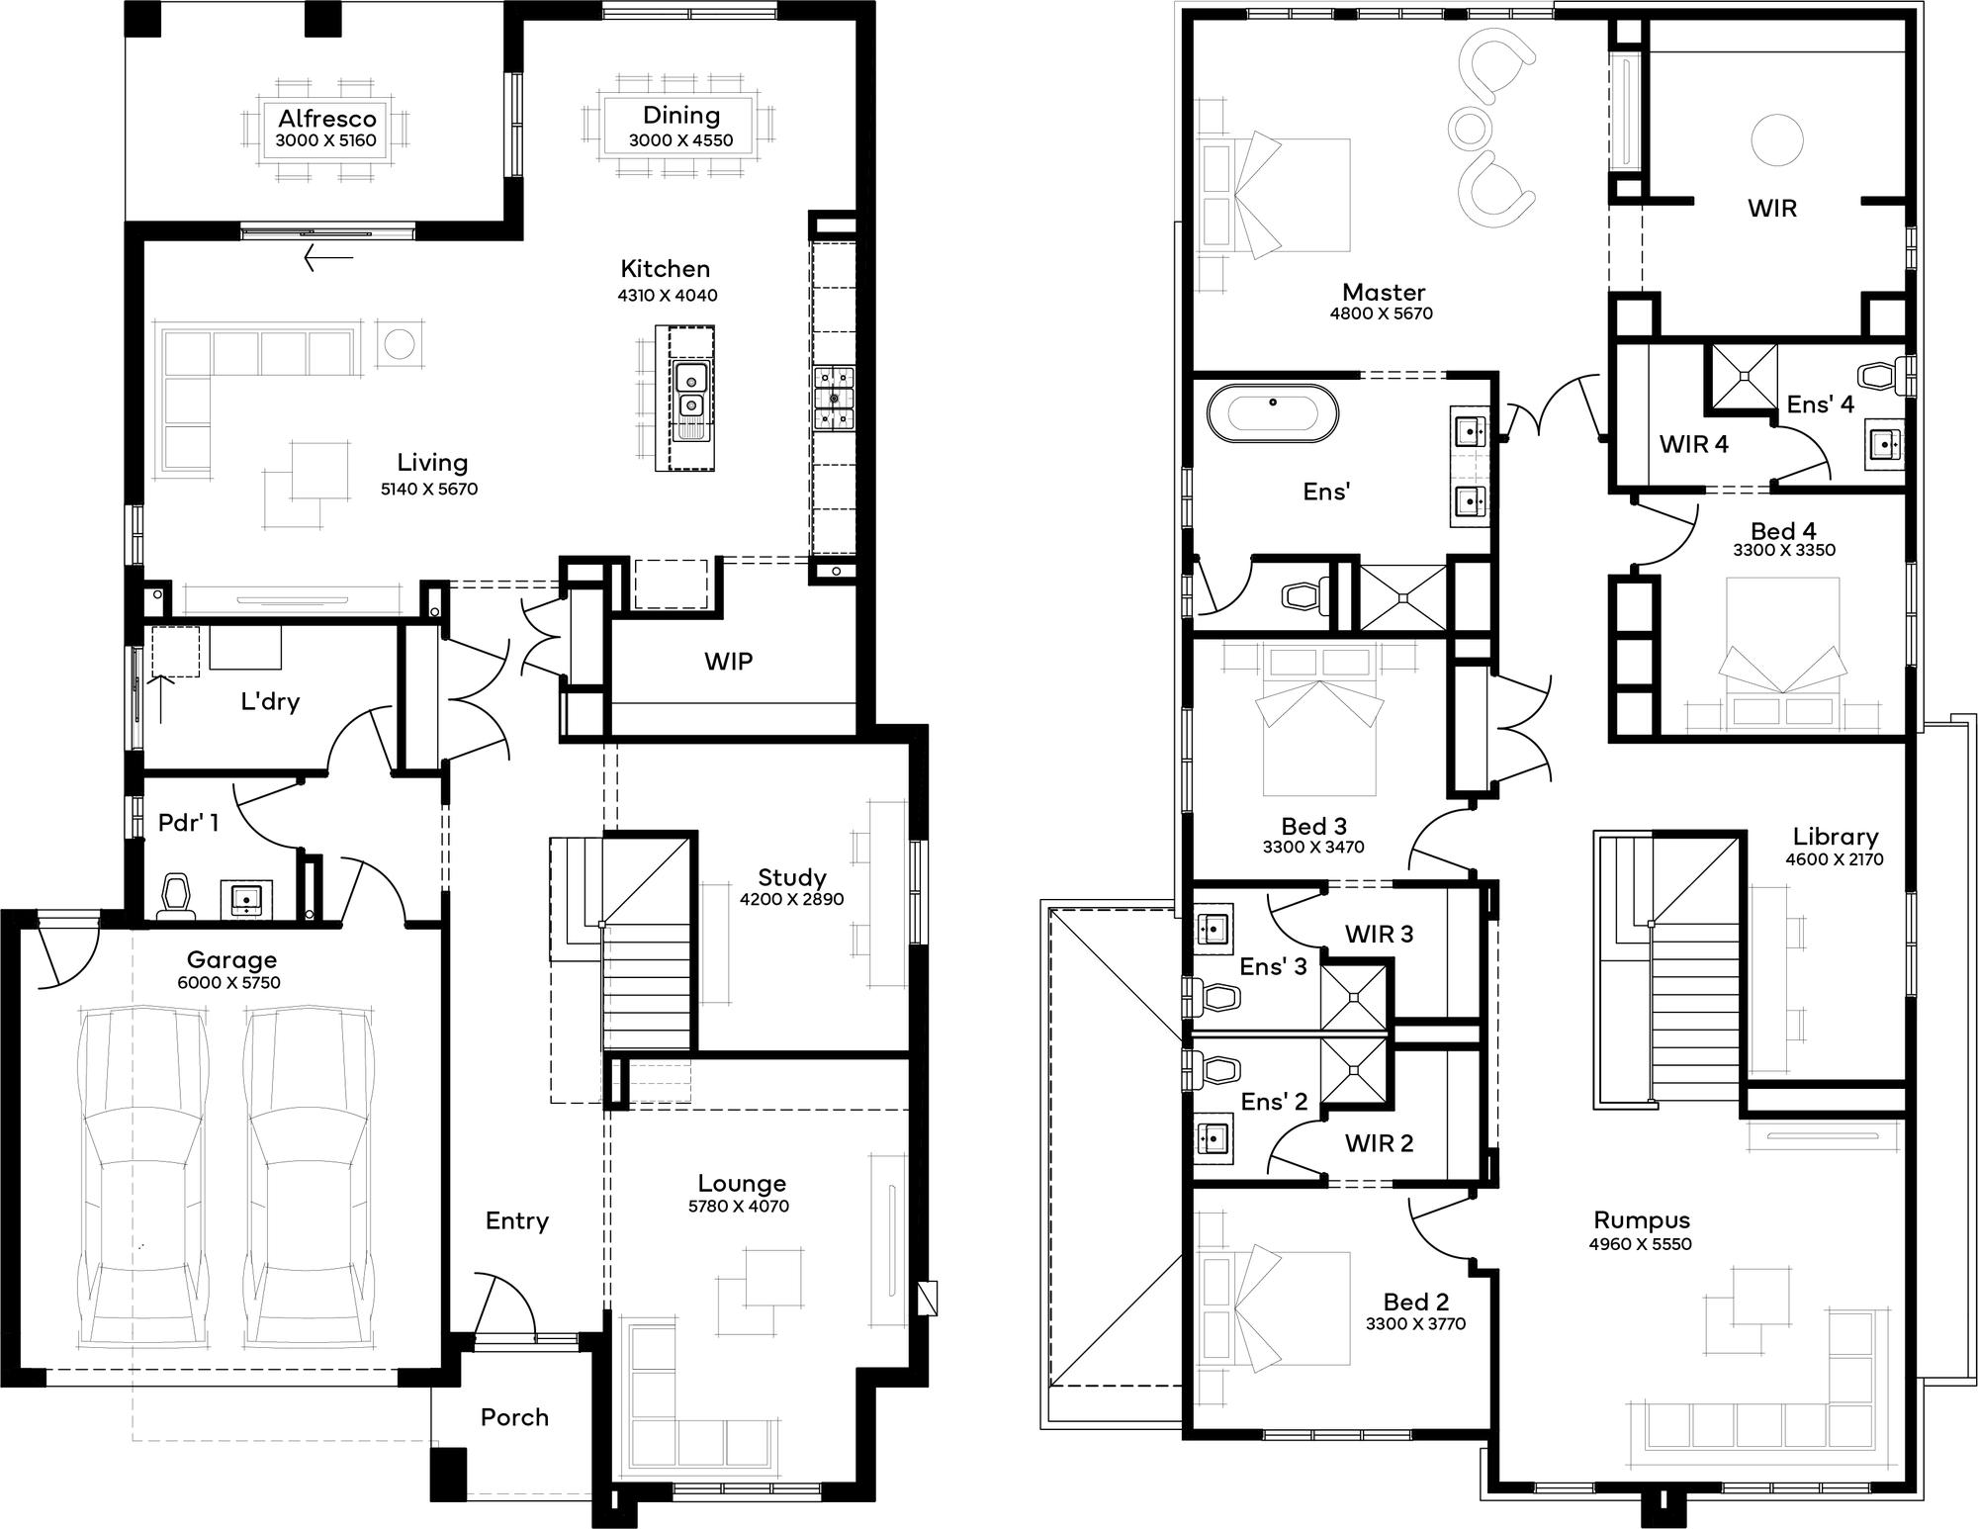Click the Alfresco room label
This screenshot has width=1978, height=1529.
coord(326,118)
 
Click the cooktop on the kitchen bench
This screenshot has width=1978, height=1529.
coord(834,398)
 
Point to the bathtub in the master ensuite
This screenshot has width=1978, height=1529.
coord(1272,414)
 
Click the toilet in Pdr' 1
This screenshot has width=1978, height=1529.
coord(177,894)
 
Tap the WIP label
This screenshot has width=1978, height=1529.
coord(728,662)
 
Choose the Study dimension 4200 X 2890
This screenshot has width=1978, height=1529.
coord(791,899)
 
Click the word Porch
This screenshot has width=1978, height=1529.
coord(514,1417)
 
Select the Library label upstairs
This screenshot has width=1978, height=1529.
coord(1835,837)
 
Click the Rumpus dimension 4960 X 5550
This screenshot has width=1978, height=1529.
coord(1641,1244)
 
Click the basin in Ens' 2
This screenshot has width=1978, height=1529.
coord(1213,1138)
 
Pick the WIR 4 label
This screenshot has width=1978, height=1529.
coord(1694,444)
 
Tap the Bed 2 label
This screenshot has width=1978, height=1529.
coord(1415,1302)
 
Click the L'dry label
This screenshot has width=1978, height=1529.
coord(270,701)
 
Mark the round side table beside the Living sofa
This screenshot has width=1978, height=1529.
coord(400,345)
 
